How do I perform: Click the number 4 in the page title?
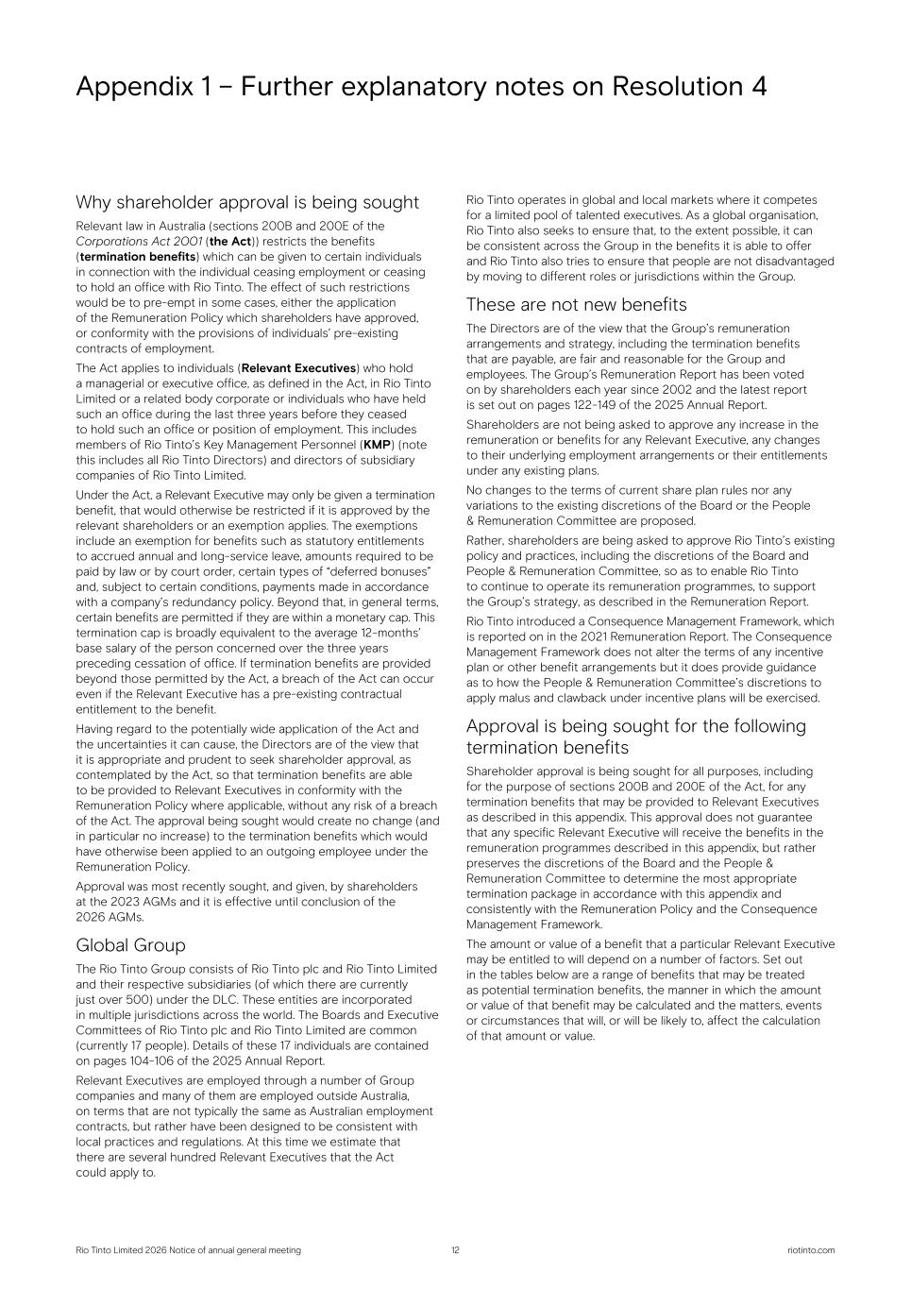point(758,87)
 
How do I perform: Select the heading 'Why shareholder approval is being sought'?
point(247,202)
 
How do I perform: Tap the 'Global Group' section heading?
point(130,945)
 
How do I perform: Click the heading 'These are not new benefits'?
point(576,304)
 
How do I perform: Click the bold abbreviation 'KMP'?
point(378,445)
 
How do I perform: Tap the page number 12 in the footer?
point(455,1250)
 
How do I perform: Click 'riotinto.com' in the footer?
point(810,1250)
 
